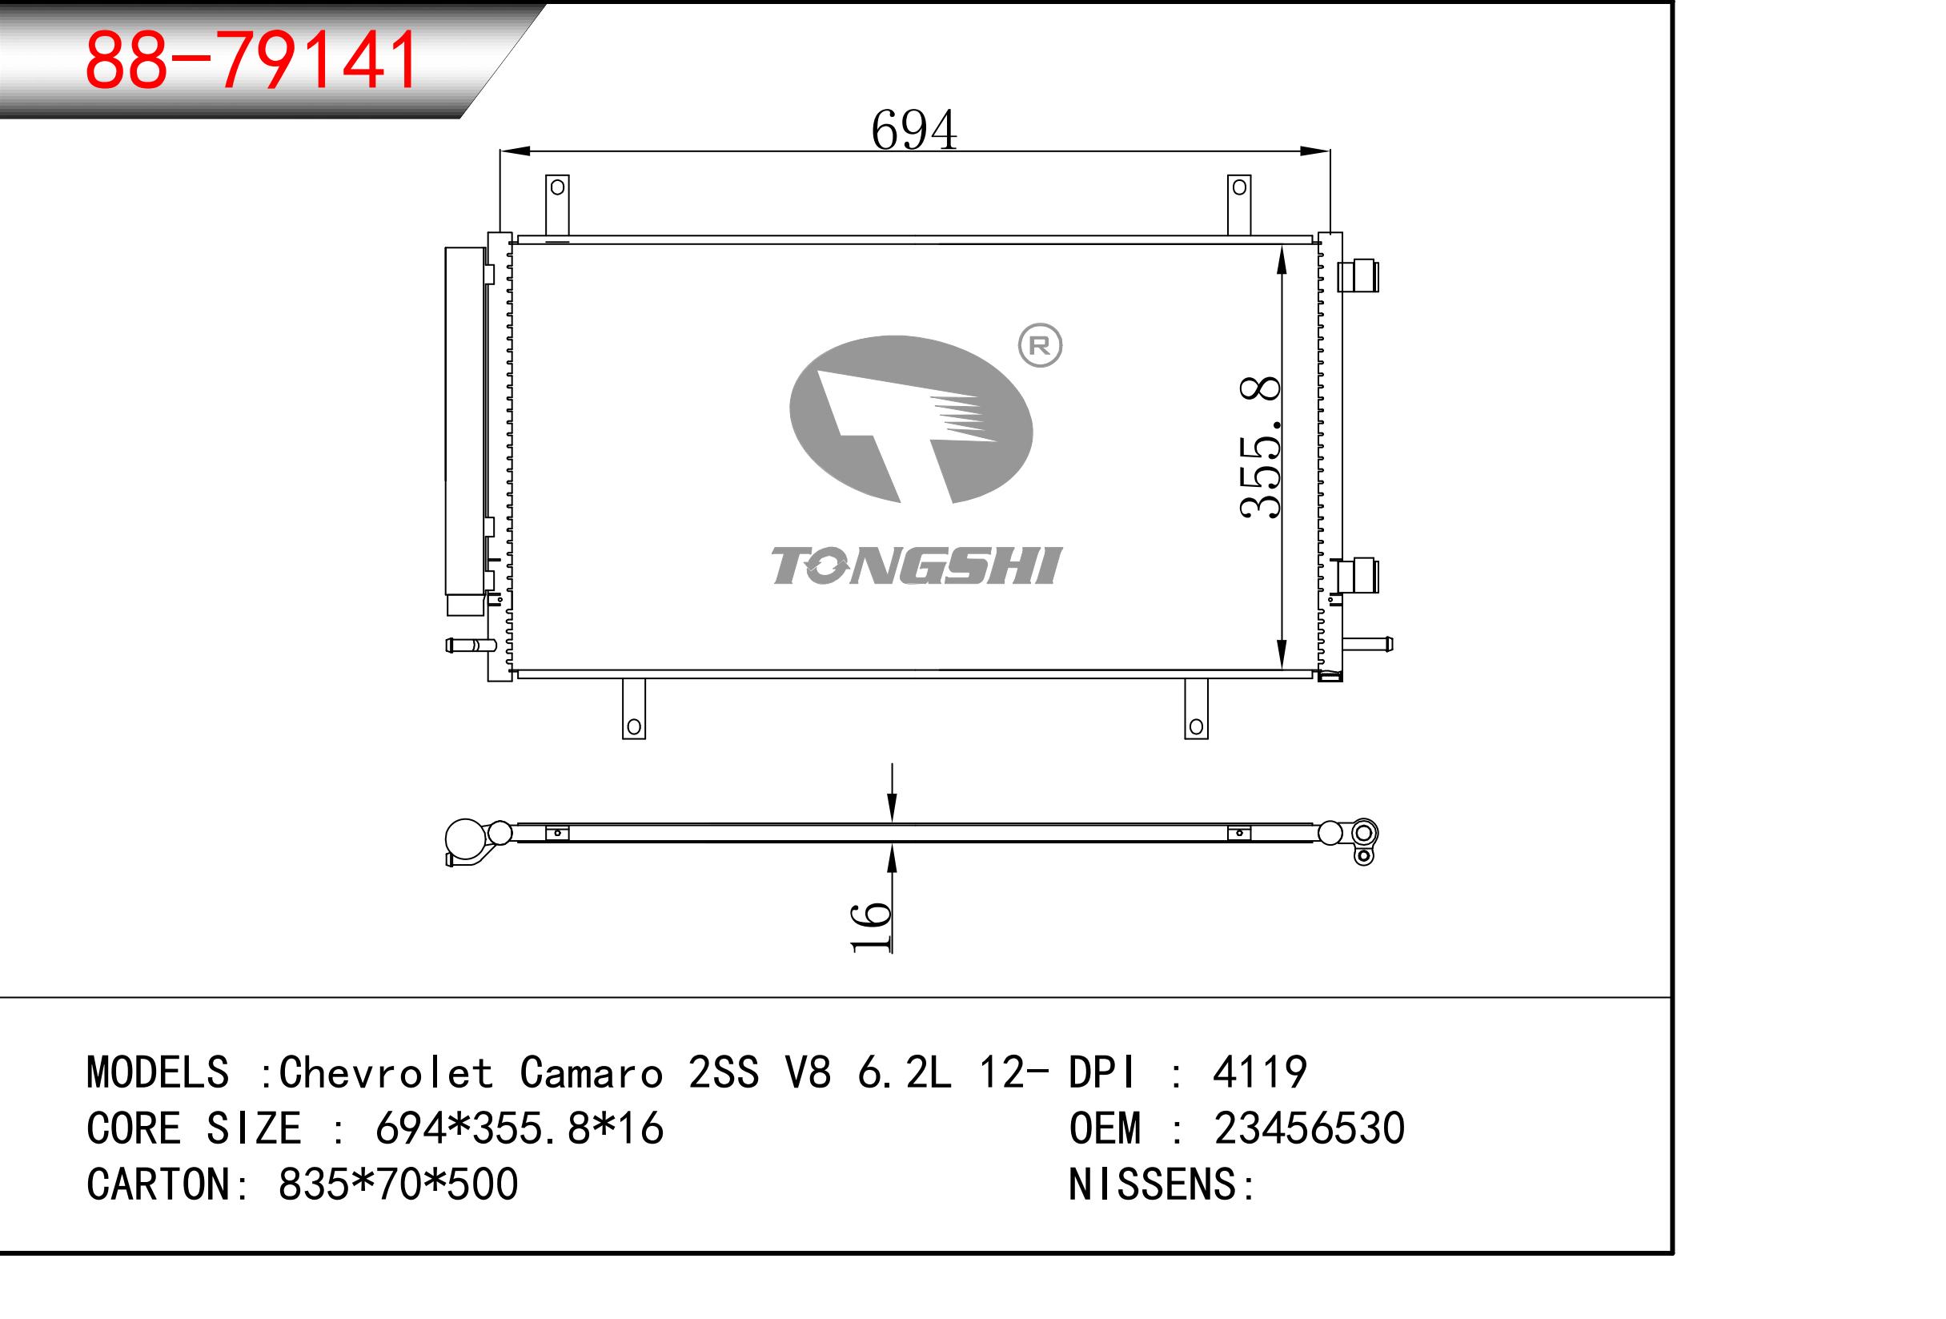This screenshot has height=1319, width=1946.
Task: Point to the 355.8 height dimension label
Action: click(1260, 447)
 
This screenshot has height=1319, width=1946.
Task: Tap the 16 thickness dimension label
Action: click(871, 927)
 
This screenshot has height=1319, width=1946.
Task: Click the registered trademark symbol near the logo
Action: click(1039, 345)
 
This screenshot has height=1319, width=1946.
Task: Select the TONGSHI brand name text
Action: click(916, 565)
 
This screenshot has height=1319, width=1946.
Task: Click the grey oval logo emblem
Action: click(911, 420)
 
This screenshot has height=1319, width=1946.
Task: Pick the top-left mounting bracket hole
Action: click(557, 187)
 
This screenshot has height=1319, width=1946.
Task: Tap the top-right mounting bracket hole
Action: click(1239, 187)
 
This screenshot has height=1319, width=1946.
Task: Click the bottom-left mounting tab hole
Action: click(634, 726)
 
